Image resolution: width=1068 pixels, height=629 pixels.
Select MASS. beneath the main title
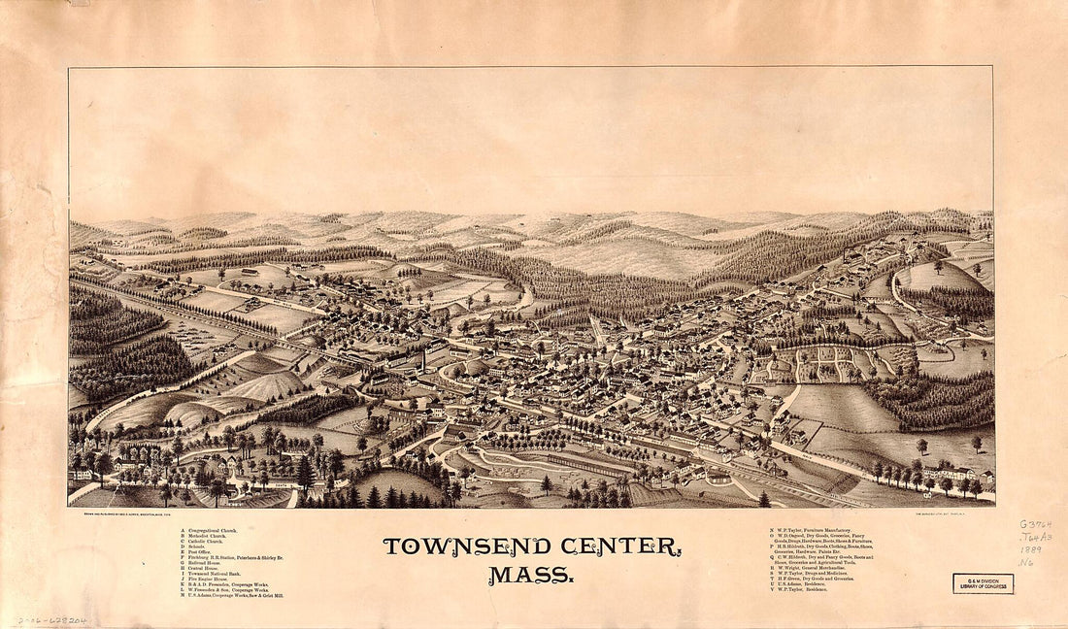click(530, 575)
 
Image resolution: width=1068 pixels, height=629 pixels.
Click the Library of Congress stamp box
click(983, 583)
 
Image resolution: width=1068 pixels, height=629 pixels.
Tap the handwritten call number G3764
click(1035, 524)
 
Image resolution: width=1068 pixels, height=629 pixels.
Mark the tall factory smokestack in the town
click(424, 358)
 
